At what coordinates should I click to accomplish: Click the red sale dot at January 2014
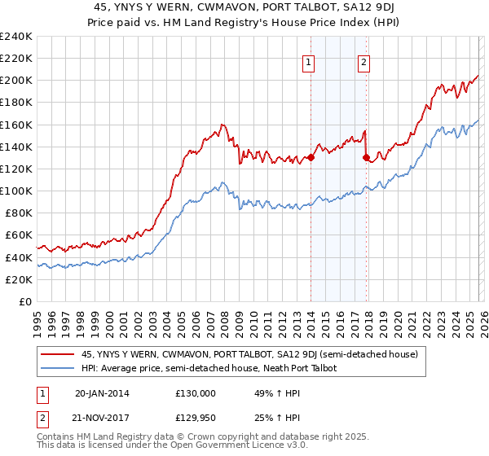pos(311,158)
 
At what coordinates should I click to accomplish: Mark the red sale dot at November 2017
pos(365,158)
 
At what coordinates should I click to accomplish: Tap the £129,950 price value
pos(196,418)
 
